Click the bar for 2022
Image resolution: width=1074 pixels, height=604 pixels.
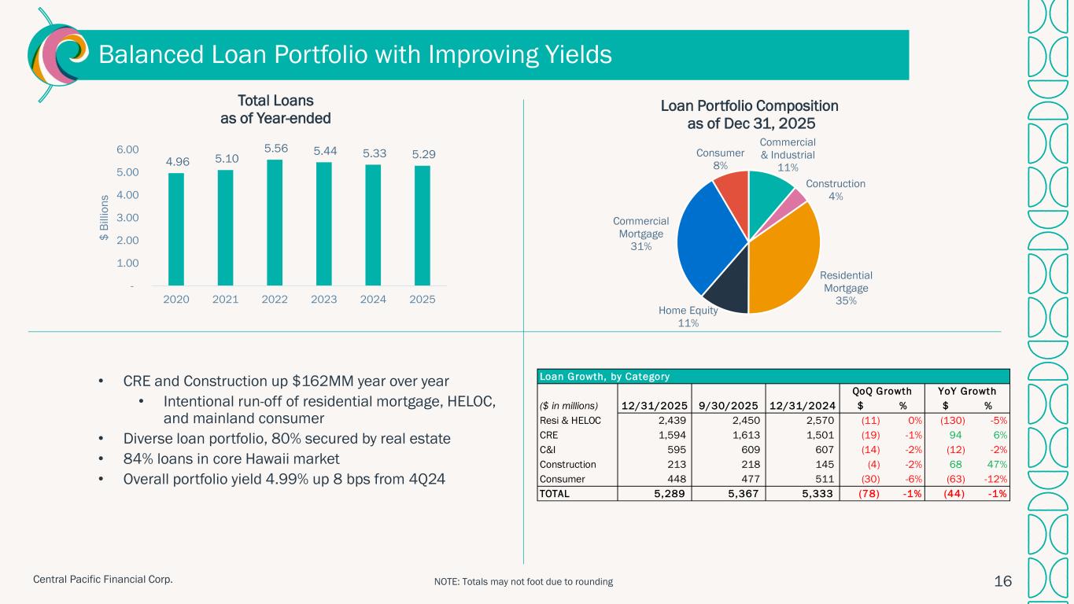[275, 223]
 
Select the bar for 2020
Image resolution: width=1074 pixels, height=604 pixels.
[176, 229]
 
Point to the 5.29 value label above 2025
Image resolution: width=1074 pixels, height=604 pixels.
[422, 156]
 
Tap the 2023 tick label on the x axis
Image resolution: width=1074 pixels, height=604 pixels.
[323, 300]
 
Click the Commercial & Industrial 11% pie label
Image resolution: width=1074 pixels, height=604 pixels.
[788, 154]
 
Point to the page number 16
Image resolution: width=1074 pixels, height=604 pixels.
[1002, 581]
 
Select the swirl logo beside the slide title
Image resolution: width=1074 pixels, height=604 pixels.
[54, 55]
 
